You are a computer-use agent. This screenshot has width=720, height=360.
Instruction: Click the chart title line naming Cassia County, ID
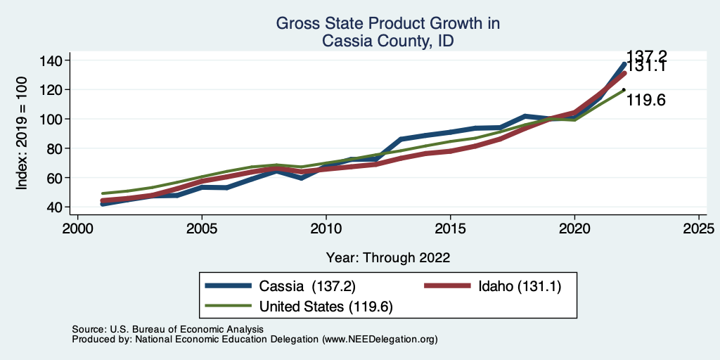coord(387,41)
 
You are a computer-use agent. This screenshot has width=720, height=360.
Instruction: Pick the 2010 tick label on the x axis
coord(326,229)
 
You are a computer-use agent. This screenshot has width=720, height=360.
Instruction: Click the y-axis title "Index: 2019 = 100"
coord(22,134)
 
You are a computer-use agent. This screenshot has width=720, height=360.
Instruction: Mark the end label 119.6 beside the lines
coord(645,101)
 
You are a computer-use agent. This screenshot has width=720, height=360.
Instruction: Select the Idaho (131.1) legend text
coord(520,286)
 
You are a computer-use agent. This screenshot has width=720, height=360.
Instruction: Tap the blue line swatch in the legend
coord(228,286)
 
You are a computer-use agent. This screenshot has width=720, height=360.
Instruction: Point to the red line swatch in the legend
coord(447,286)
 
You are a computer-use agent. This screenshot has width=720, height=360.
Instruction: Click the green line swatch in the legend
coord(228,306)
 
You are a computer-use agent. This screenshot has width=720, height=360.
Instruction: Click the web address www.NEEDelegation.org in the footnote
coord(378,339)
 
